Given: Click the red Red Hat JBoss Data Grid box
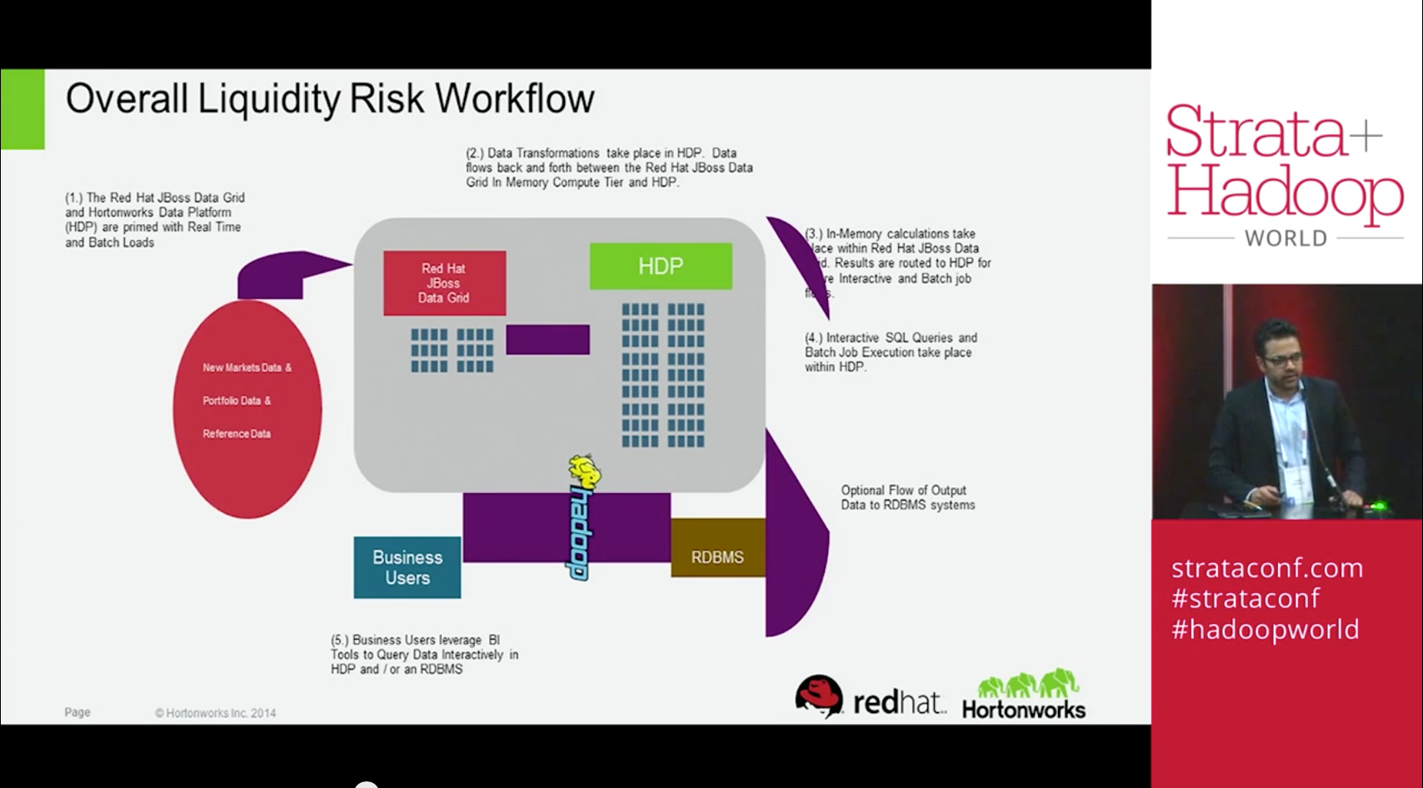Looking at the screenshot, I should pos(444,283).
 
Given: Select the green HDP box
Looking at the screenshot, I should pos(661,267).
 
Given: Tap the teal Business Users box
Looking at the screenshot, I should pos(407,567).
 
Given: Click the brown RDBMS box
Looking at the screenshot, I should pos(717,557).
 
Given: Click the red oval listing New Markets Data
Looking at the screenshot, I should pos(247,408).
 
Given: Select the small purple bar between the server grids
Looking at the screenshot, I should pos(547,340).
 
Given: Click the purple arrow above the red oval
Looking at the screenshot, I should pos(283,273).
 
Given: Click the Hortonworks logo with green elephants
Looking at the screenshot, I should pos(1024,695).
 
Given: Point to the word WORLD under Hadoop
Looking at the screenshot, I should pos(1286,238).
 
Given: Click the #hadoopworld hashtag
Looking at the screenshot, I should pos(1265,629).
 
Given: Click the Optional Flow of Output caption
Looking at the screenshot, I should pos(907,497).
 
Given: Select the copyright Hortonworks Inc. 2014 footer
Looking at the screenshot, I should pos(215,713).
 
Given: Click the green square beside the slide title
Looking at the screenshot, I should pos(22,109).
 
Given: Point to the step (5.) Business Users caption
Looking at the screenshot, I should pos(424,655).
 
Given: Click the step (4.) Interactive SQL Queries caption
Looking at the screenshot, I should pos(891,352).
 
